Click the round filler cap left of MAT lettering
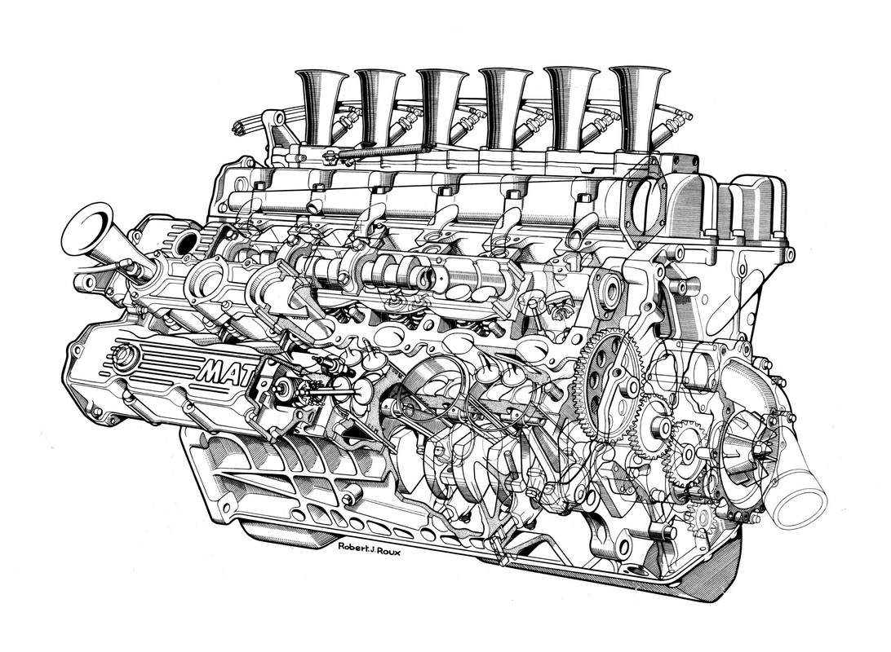[126, 355]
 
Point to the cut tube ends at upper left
[240, 127]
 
